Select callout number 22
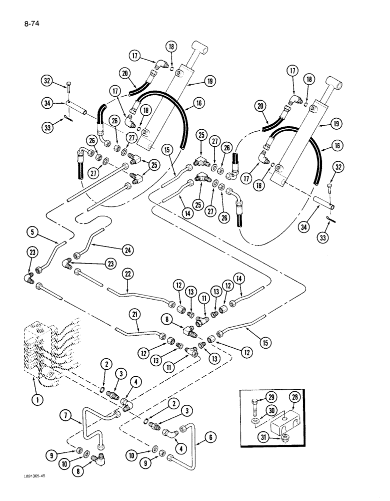[128, 274]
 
